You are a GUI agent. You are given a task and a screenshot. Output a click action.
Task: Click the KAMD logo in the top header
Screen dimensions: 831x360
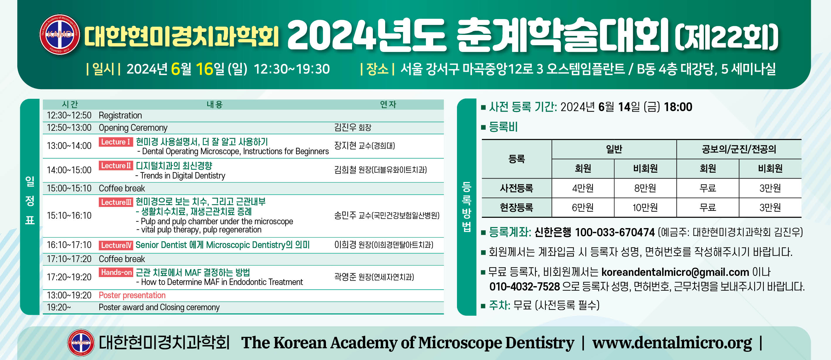(60, 34)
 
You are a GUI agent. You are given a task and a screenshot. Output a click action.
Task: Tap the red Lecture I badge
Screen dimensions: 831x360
(116, 142)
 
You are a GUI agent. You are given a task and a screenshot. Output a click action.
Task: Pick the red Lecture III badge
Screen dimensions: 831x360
(116, 202)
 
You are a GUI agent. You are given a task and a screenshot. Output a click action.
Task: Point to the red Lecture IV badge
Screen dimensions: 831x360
(116, 245)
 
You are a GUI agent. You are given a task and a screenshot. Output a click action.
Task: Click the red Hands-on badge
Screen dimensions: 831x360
(116, 272)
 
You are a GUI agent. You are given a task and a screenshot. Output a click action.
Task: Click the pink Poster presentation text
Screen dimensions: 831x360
(132, 295)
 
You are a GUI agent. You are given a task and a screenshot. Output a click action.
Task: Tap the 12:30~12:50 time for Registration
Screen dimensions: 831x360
(69, 115)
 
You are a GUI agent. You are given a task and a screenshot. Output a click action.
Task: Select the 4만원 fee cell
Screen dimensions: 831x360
(583, 188)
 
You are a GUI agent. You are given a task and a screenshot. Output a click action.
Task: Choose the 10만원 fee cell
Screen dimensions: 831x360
(645, 208)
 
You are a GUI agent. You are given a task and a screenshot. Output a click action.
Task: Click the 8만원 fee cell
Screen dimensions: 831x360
(645, 188)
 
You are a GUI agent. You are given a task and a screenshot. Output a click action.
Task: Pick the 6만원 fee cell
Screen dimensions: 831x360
(583, 208)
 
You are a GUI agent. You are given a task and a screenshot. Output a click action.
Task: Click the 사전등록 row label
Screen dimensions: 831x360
(516, 188)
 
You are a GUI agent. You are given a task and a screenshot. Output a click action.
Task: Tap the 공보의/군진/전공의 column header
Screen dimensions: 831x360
(739, 149)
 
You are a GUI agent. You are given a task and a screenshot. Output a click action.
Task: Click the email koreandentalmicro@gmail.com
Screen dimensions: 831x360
(675, 272)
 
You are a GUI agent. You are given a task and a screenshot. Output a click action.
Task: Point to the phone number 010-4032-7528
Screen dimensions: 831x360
(524, 286)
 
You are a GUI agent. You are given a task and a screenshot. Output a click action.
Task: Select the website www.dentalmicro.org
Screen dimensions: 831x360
(672, 343)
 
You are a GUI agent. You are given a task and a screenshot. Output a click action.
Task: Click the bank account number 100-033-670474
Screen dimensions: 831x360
(615, 232)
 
